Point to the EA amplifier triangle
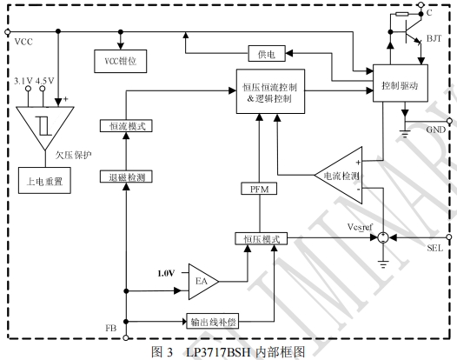click(203, 282)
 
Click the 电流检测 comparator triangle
click(338, 176)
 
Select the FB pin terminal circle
click(126, 338)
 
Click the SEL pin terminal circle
click(449, 237)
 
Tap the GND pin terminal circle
click(449, 121)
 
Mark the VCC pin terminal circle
click(8, 31)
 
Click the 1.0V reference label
click(166, 273)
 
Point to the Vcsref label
click(360, 227)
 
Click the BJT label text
click(434, 38)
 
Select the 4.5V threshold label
click(45, 81)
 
